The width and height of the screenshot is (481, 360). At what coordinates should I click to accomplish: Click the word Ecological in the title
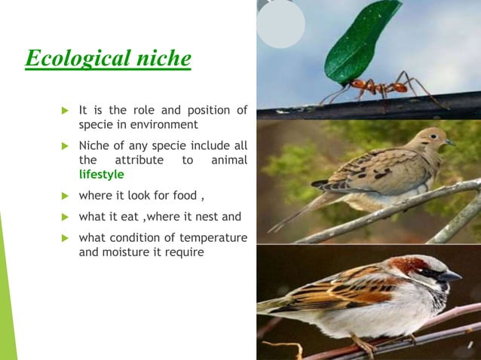pyautogui.click(x=71, y=58)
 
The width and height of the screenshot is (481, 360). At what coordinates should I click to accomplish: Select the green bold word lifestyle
pyautogui.click(x=101, y=174)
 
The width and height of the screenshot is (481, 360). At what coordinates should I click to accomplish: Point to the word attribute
pyautogui.click(x=140, y=160)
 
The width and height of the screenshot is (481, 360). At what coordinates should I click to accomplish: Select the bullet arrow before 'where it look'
pyautogui.click(x=65, y=197)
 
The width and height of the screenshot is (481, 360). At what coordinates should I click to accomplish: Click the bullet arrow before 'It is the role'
pyautogui.click(x=65, y=111)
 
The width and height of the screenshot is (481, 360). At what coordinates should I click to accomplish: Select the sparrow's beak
pyautogui.click(x=449, y=276)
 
